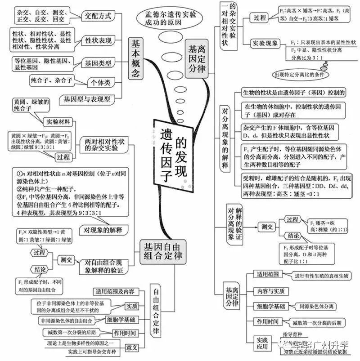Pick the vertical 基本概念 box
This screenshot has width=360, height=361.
pyautogui.click(x=136, y=58)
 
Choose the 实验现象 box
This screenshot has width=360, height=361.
pyautogui.click(x=265, y=44)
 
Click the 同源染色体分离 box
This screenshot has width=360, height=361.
pyautogui.click(x=316, y=307)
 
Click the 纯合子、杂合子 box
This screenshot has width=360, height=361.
pyautogui.click(x=52, y=81)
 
